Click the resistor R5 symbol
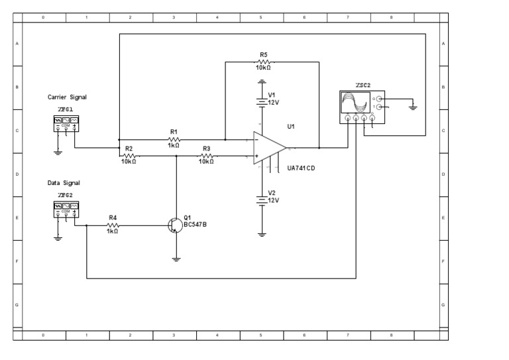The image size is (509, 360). click(x=263, y=61)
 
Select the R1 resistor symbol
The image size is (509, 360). click(x=173, y=139)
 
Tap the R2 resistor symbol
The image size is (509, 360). click(x=129, y=155)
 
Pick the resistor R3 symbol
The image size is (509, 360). click(x=206, y=155)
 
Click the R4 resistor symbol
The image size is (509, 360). click(x=112, y=225)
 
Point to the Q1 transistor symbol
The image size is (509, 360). click(x=174, y=225)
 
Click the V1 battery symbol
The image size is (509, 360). click(x=262, y=101)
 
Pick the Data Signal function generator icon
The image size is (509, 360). click(x=66, y=210)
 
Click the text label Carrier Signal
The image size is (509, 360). click(x=67, y=97)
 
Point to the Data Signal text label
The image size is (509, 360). click(x=64, y=182)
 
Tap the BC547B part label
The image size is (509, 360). click(x=195, y=224)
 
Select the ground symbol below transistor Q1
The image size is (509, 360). click(x=176, y=259)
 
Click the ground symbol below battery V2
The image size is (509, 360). click(x=262, y=233)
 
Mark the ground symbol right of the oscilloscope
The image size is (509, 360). click(x=413, y=107)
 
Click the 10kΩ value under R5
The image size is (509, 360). click(x=263, y=67)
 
